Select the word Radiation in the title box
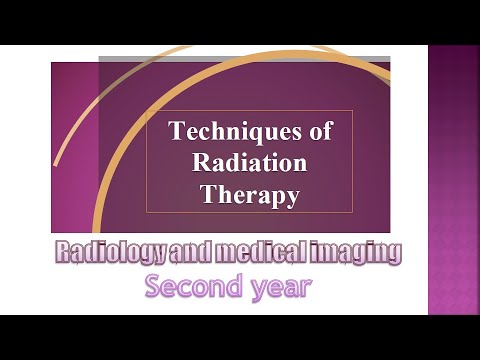click(x=249, y=163)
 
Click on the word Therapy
click(x=249, y=196)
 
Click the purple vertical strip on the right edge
click(x=454, y=180)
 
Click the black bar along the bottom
click(x=240, y=337)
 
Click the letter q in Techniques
click(x=258, y=133)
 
